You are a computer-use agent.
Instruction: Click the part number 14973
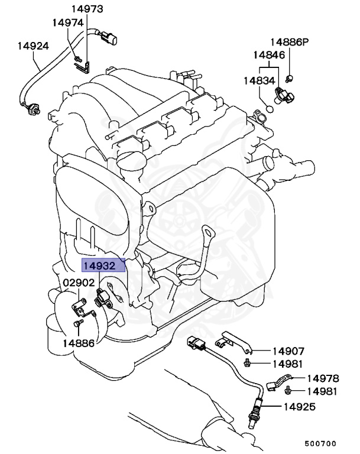click(x=87, y=9)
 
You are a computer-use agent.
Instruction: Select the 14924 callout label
click(x=33, y=46)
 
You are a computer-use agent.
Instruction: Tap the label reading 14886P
click(x=290, y=42)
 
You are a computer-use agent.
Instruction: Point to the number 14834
click(x=260, y=79)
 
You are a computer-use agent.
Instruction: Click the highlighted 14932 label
click(x=103, y=265)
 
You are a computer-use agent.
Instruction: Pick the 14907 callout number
click(x=288, y=350)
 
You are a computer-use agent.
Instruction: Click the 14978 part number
click(x=323, y=378)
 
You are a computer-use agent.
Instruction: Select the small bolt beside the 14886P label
click(x=289, y=78)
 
